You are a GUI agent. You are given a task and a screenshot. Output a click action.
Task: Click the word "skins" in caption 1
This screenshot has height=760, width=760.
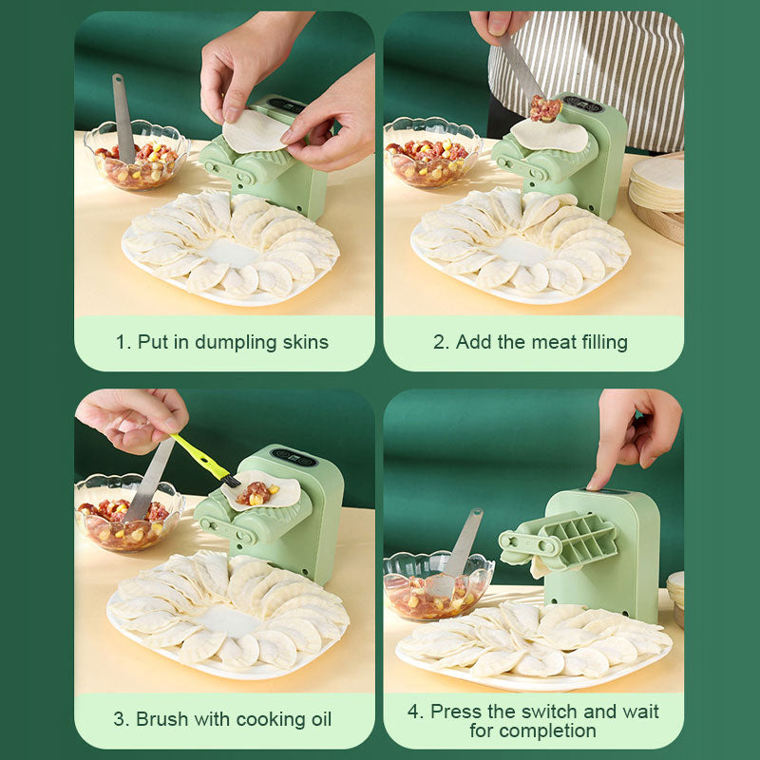pyautogui.click(x=302, y=342)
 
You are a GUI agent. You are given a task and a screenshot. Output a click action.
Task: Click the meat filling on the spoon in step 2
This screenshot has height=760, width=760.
pyautogui.click(x=545, y=108)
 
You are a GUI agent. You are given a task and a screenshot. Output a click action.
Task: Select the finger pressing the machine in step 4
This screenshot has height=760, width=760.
pyautogui.click(x=599, y=471)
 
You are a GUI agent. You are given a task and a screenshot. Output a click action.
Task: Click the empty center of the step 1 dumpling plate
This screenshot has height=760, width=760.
pyautogui.click(x=231, y=252)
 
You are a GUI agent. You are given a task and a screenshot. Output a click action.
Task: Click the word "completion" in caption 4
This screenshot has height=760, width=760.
pyautogui.click(x=532, y=731)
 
